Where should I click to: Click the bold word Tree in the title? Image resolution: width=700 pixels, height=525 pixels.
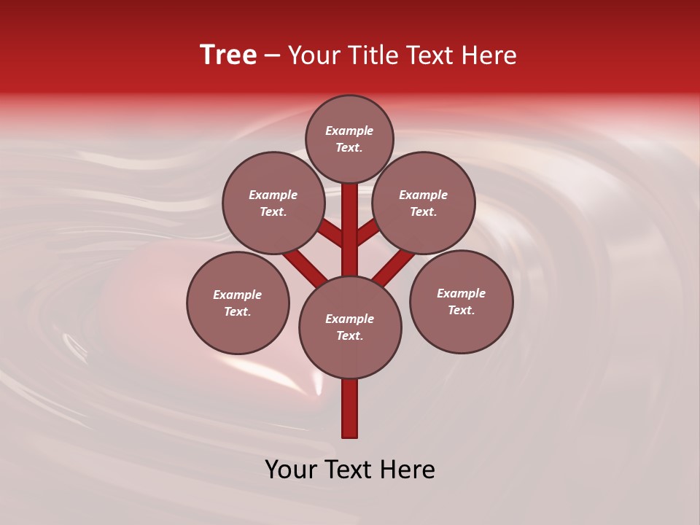coord(228,55)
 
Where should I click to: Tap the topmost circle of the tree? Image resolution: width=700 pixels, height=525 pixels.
coord(349,139)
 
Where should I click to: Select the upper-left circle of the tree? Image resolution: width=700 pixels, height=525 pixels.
coord(273,203)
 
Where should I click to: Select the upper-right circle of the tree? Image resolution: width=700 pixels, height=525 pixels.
coord(424,203)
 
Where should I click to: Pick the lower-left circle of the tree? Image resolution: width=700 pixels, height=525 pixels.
coord(238,303)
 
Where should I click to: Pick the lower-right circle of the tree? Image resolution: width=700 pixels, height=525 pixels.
coord(462,301)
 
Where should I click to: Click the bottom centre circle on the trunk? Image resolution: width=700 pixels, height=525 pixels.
coord(350,327)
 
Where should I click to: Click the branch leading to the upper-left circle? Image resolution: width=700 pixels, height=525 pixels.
coord(330,233)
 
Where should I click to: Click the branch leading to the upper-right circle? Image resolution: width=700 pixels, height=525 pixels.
coord(368,232)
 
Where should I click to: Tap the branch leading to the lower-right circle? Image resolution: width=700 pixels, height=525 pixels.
coord(394,267)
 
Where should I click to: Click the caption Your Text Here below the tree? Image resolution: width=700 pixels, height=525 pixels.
coord(350,470)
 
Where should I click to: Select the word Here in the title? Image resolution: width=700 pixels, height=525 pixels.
coord(489,55)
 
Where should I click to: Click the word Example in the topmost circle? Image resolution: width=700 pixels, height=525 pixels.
coord(349,131)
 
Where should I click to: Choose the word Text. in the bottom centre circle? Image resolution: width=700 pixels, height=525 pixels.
coord(349,336)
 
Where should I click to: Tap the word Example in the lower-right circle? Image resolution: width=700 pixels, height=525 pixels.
coord(461,293)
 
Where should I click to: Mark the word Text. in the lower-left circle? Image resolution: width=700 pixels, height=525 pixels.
coord(237,312)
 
